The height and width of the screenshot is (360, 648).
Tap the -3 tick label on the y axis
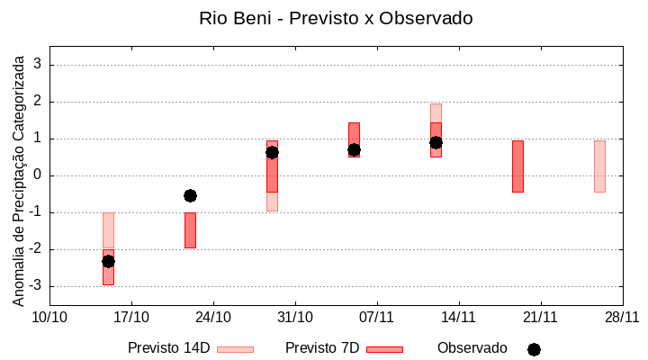click(36, 286)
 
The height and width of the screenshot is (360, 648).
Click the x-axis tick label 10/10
click(49, 317)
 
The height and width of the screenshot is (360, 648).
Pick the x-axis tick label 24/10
click(213, 317)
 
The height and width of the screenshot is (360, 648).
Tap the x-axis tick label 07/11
click(377, 317)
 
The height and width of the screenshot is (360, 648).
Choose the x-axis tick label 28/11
click(622, 317)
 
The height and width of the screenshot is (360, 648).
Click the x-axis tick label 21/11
click(540, 317)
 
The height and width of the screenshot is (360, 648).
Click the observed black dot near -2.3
click(108, 261)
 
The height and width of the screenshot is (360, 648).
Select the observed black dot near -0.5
click(190, 195)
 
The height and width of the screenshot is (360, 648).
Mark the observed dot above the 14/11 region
click(436, 142)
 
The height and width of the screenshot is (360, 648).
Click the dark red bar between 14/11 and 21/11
click(517, 166)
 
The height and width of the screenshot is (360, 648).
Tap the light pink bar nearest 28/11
click(599, 166)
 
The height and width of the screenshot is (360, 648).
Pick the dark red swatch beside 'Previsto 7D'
click(384, 349)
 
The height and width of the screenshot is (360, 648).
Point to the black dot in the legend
click(534, 349)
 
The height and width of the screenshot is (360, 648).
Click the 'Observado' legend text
click(472, 348)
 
